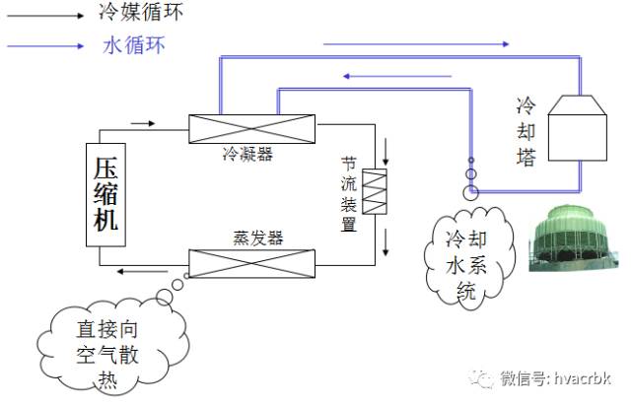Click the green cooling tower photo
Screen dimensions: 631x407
coord(573,237)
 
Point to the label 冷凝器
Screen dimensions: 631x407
coord(247,154)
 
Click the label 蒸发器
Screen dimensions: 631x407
coord(258,238)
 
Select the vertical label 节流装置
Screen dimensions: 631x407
coord(349,194)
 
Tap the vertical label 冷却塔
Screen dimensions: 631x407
coord(526,131)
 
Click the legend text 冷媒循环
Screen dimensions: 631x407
coord(141,11)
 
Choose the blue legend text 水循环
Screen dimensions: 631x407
coord(134,44)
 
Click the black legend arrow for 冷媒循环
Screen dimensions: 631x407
coord(45,16)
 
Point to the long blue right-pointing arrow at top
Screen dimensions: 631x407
coord(416,43)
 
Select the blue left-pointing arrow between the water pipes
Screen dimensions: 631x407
coord(397,76)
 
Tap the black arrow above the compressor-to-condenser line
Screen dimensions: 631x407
coord(143,123)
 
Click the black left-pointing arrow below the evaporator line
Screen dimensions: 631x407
coord(142,272)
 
